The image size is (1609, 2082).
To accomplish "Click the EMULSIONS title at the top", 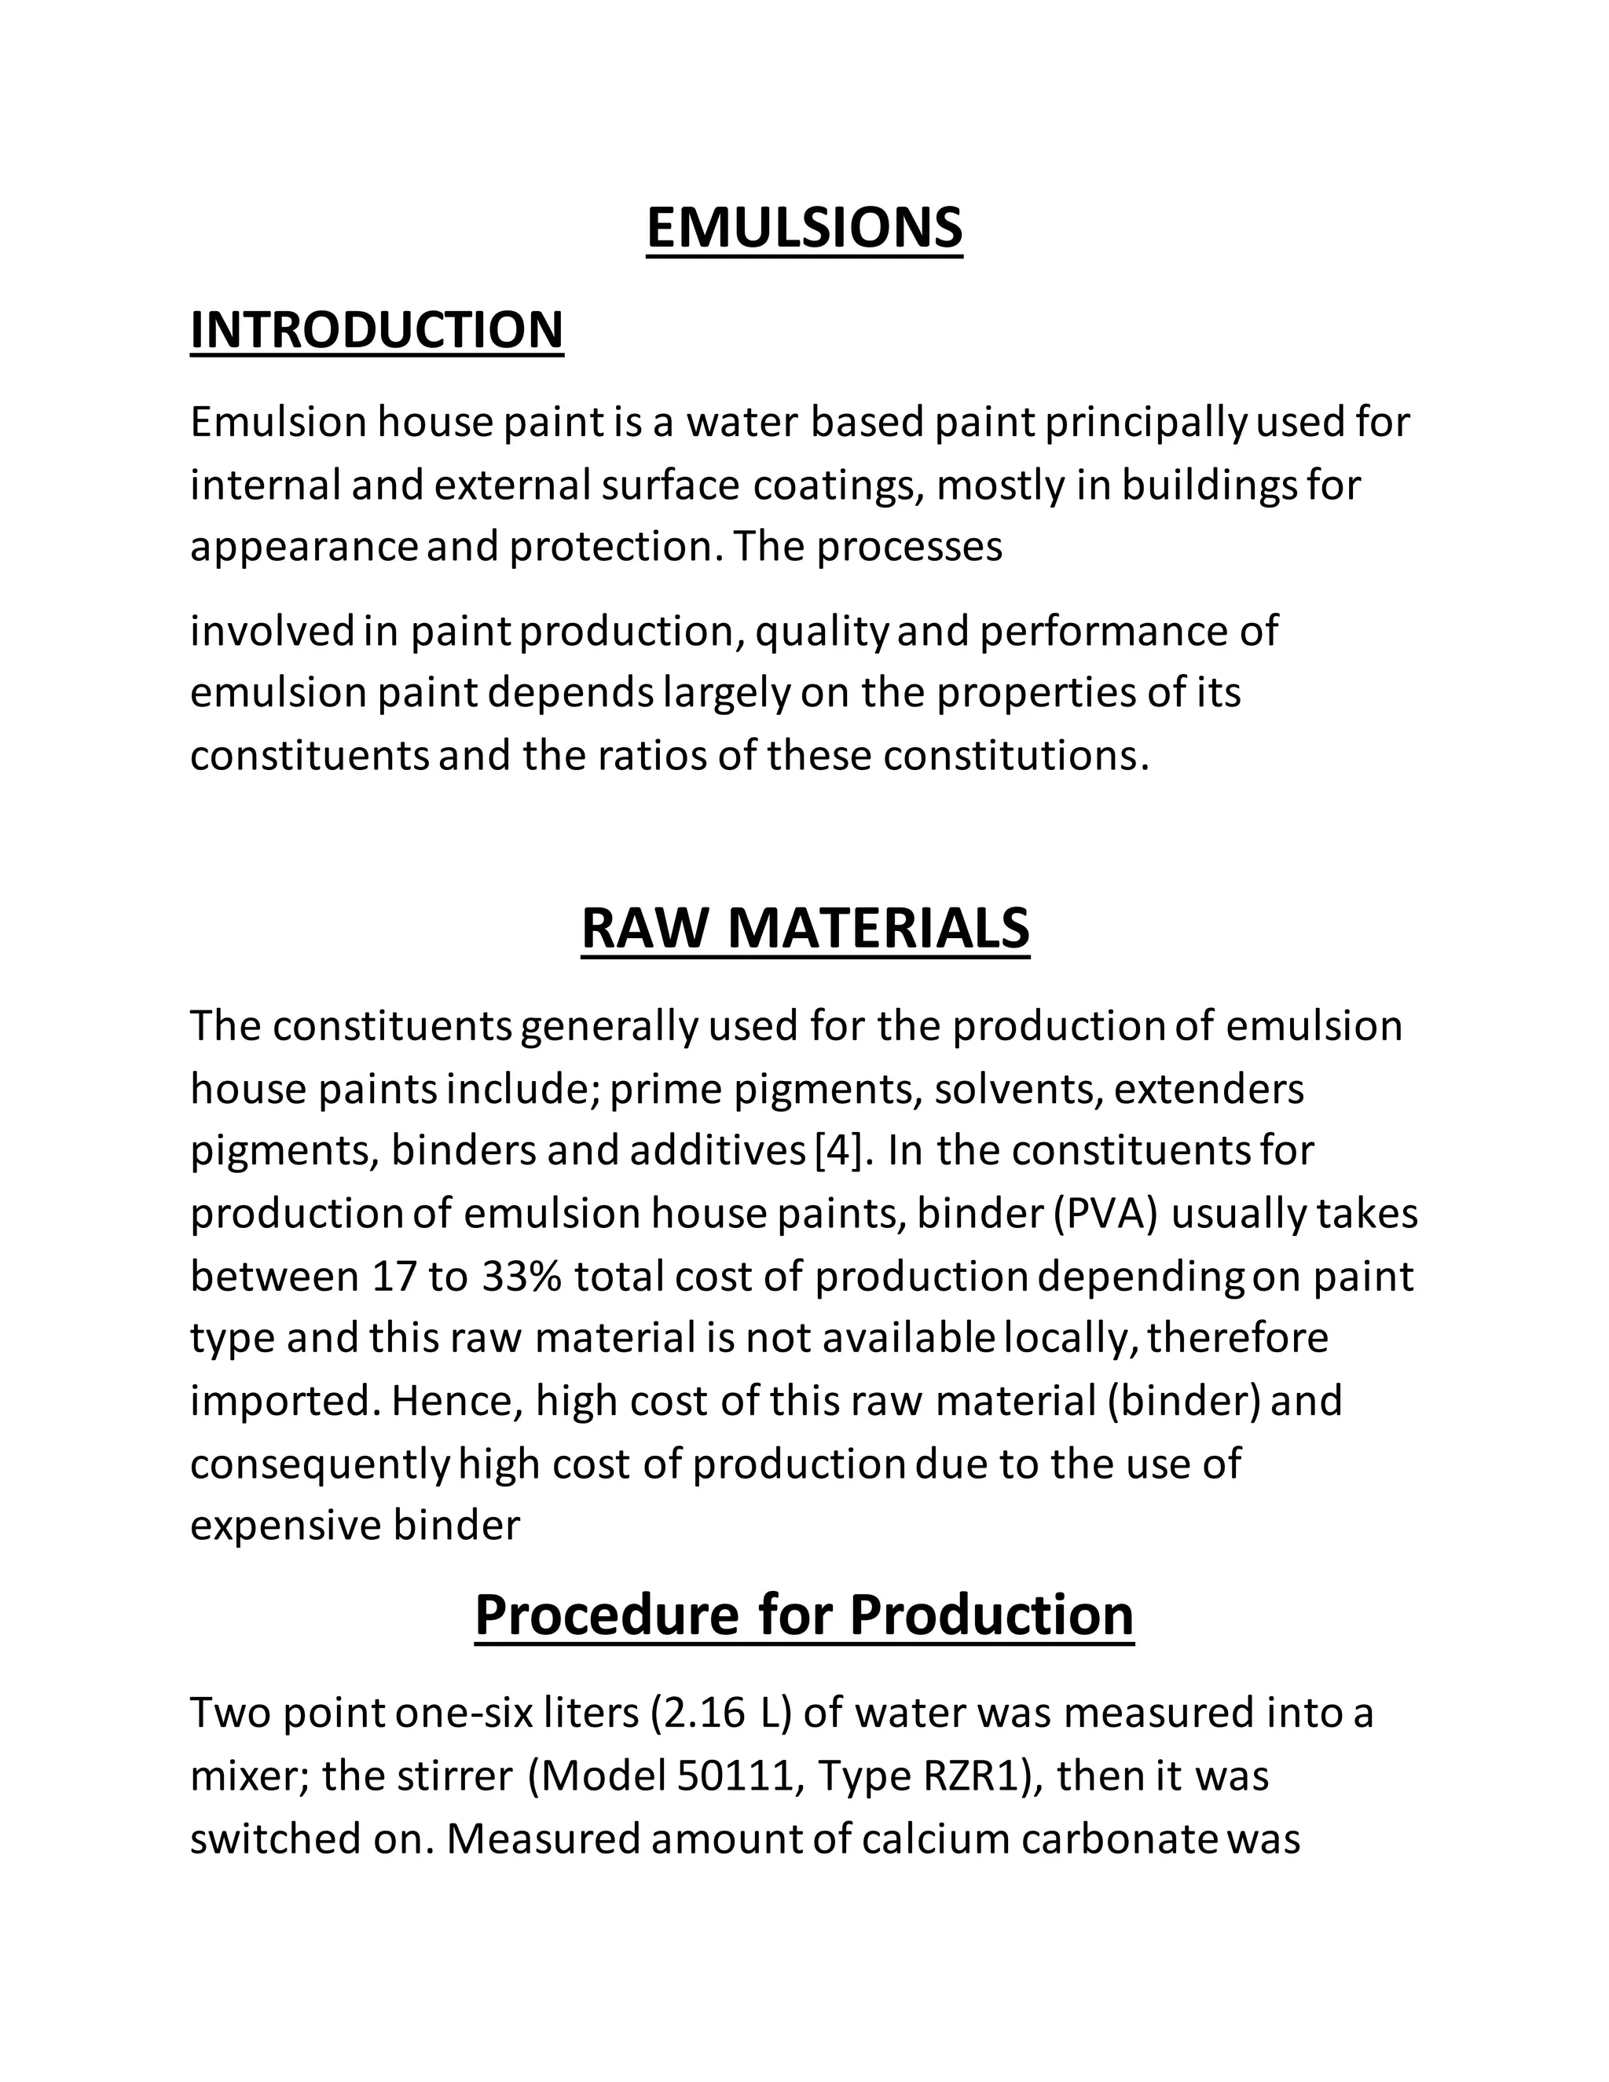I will [804, 228].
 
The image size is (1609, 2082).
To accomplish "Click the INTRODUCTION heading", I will [376, 330].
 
